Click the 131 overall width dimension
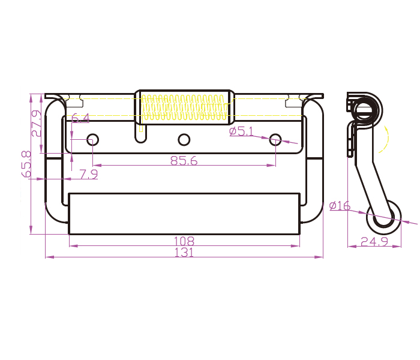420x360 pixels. [x=184, y=253]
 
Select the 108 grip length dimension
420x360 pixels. [x=184, y=241]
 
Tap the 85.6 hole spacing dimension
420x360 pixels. [x=184, y=160]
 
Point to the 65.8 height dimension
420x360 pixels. [x=26, y=164]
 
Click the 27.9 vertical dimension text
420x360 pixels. [x=37, y=123]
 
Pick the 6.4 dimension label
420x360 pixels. [x=80, y=118]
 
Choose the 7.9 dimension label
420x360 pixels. [x=89, y=175]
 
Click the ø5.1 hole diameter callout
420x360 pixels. [x=241, y=131]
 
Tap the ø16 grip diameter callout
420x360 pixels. [x=340, y=206]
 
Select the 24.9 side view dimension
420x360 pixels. [x=374, y=242]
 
